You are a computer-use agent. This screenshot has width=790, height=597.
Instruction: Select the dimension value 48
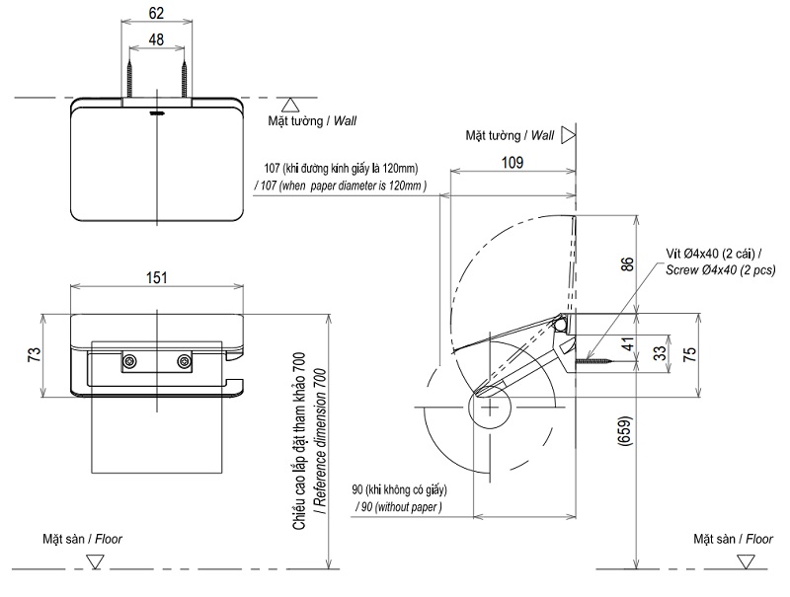155,40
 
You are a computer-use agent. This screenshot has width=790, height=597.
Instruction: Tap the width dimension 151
156,278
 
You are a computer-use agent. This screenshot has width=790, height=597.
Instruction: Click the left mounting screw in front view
129,362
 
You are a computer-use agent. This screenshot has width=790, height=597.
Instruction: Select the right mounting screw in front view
183,362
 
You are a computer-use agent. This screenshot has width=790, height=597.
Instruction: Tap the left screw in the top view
129,76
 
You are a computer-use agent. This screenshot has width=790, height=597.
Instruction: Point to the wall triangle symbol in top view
288,104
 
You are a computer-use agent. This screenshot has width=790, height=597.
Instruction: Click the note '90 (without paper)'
398,506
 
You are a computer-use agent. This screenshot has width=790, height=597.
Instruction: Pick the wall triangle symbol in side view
568,135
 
